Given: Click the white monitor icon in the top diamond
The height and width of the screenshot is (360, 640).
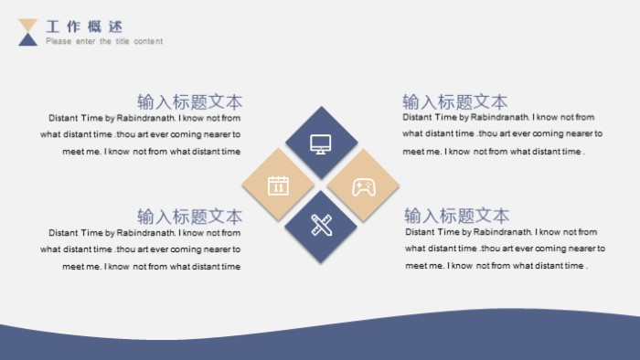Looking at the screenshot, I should (x=320, y=143).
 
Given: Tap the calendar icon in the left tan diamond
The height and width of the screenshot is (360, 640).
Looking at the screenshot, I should (x=278, y=185).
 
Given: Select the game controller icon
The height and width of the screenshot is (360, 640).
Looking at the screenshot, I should (x=363, y=186).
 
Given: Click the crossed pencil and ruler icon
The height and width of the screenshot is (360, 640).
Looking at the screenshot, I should (x=320, y=225).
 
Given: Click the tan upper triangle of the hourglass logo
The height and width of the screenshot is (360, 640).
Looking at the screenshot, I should (x=28, y=25).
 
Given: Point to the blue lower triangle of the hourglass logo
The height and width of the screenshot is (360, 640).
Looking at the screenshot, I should (x=28, y=39).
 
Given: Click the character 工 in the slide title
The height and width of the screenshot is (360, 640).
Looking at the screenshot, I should (x=53, y=26).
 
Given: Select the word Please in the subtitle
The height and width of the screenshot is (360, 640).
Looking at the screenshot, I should (x=57, y=41).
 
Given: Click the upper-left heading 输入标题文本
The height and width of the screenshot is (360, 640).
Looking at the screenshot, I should (x=189, y=101).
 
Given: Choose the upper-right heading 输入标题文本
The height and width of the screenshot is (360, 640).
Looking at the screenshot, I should (x=455, y=101).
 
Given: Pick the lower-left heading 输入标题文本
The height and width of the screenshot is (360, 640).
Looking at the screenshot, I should (x=189, y=217).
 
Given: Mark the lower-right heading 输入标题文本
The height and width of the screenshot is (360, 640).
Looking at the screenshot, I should (x=457, y=216).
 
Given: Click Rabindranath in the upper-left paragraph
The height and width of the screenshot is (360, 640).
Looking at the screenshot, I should (x=145, y=118).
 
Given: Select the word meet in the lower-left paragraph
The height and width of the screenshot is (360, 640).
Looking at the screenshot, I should (x=72, y=267).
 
